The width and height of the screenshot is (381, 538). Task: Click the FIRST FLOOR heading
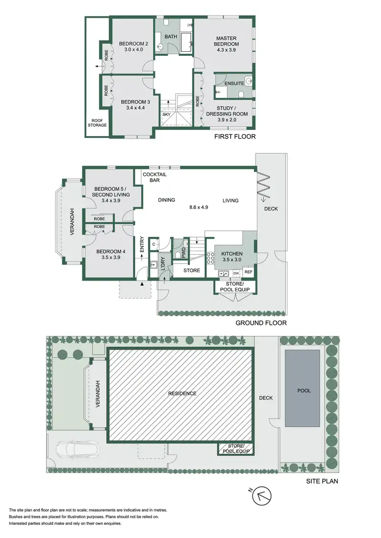pos(234,137)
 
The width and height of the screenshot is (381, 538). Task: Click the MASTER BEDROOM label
pos(227,41)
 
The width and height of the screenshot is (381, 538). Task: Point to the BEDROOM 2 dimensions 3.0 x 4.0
pos(132,50)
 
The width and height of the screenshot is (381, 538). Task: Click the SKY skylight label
pos(167,114)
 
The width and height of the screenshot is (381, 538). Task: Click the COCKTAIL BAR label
pos(154,177)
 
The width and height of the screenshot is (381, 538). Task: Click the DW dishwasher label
pos(236,273)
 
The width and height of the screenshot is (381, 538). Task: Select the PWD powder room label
pos(183,253)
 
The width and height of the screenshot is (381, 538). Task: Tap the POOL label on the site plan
pos(304,391)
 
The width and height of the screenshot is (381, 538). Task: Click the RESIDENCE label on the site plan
pos(182,393)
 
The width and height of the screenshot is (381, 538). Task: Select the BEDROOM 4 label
pos(110,251)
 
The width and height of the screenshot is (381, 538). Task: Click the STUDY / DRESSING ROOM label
pos(227,111)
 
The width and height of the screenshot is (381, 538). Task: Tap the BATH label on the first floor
pos(170,36)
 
